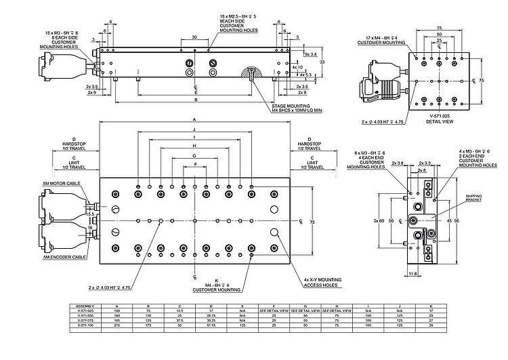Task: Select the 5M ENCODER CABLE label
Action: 65,258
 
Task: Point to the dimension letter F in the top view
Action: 195,164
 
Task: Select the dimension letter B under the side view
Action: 195,100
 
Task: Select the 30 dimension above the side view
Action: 194,37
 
